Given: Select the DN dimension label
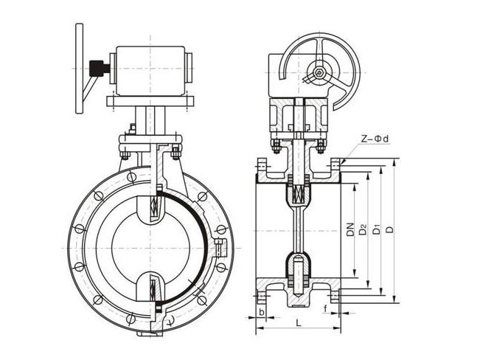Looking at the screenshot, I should [350, 230].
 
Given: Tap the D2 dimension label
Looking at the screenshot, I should [363, 230].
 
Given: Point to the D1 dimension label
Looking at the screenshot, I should [376, 230].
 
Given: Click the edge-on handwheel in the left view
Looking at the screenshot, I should [79, 68].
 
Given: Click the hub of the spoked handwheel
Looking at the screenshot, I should [318, 73].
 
